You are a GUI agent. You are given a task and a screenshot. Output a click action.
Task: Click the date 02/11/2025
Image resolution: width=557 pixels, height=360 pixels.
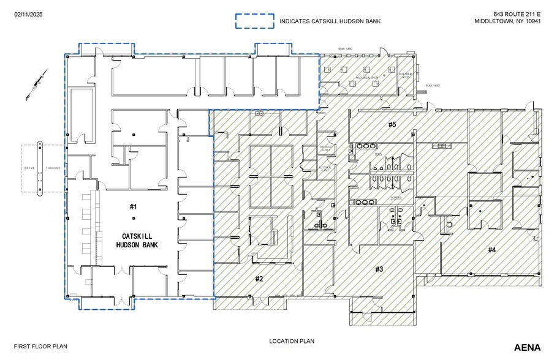29,13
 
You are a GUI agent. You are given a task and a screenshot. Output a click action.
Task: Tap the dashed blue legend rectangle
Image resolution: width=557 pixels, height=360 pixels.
255,21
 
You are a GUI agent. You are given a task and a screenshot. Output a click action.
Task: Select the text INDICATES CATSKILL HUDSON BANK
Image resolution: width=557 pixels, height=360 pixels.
330,21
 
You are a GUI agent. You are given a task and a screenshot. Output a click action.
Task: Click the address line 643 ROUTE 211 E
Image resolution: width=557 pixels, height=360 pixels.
517,13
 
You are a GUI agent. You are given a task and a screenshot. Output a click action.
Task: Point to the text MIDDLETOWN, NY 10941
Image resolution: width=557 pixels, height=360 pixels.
507,21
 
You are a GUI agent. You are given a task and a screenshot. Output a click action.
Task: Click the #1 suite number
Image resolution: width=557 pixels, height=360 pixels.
134,207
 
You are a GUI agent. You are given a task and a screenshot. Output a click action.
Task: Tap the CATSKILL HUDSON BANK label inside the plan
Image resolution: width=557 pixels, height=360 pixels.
137,240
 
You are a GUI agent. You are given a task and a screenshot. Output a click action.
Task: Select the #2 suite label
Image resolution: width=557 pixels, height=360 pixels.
259,279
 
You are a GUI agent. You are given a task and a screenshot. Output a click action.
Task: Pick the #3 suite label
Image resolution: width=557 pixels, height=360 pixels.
379,269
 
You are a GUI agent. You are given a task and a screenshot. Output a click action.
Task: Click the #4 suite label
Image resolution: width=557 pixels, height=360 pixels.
491,249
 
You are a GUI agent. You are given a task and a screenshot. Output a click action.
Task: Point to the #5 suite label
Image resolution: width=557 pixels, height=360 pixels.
392,125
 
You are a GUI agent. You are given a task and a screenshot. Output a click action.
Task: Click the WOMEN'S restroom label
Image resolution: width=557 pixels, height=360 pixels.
397,197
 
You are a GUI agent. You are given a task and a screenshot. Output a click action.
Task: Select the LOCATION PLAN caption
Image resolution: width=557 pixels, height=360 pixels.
292,340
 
